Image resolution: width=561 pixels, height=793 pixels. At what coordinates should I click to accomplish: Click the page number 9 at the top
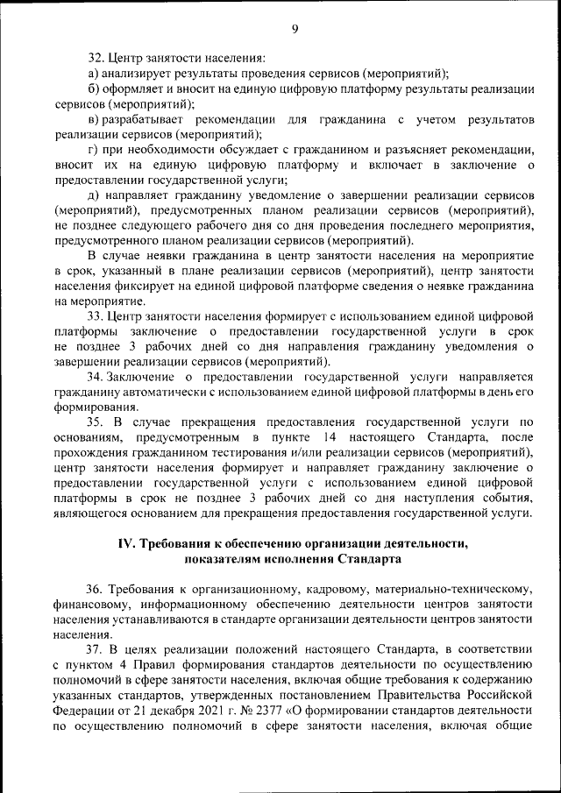295,29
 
